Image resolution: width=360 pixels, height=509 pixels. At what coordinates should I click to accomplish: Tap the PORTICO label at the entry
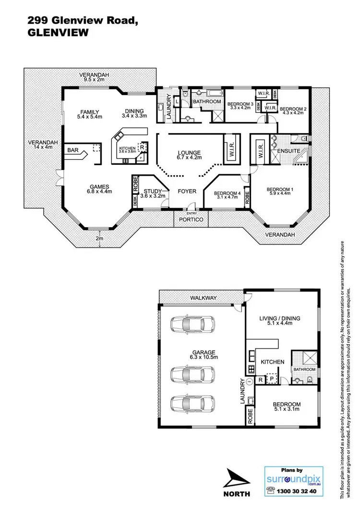click(x=192, y=219)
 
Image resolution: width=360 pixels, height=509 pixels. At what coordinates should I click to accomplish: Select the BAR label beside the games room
click(x=73, y=150)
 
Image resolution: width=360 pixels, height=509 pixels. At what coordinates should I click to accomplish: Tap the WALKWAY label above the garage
click(x=203, y=298)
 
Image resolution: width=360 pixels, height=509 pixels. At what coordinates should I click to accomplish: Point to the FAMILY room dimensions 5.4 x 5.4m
click(x=90, y=116)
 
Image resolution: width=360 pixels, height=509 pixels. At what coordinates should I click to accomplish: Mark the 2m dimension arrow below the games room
click(x=99, y=239)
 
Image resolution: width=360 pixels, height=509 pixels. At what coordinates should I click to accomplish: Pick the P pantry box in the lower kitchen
click(x=272, y=379)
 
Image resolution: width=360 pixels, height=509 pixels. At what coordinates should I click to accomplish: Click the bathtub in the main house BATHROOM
click(x=207, y=93)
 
